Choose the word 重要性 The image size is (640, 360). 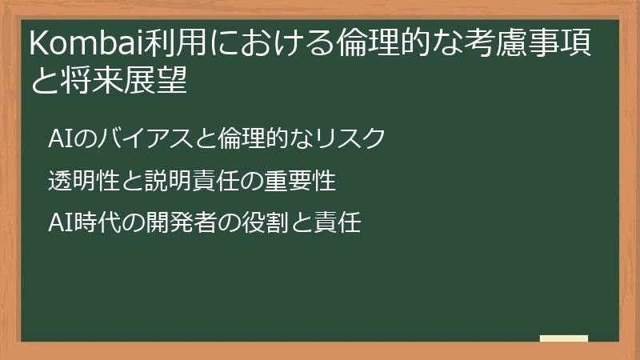coord(300,181)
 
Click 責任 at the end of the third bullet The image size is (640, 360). coord(340,224)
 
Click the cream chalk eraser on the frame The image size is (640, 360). coord(563,339)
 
